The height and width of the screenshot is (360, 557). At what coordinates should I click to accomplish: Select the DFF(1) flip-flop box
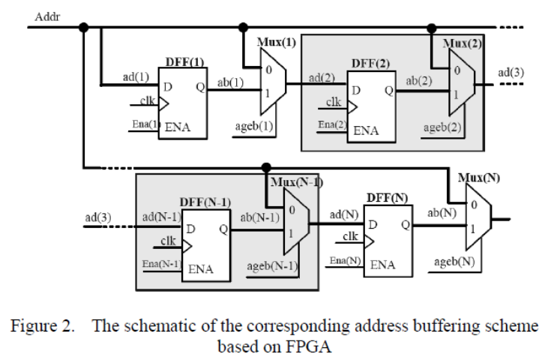coord(183,101)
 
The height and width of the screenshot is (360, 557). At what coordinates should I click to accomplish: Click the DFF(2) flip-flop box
coord(370,104)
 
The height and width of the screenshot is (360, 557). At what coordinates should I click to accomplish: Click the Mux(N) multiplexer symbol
coord(478,218)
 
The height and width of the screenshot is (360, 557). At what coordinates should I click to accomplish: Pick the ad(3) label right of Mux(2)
coord(511,72)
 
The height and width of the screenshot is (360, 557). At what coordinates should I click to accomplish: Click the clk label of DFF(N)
coord(350,236)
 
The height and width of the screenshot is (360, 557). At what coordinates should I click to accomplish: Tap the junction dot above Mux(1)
coord(242,28)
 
